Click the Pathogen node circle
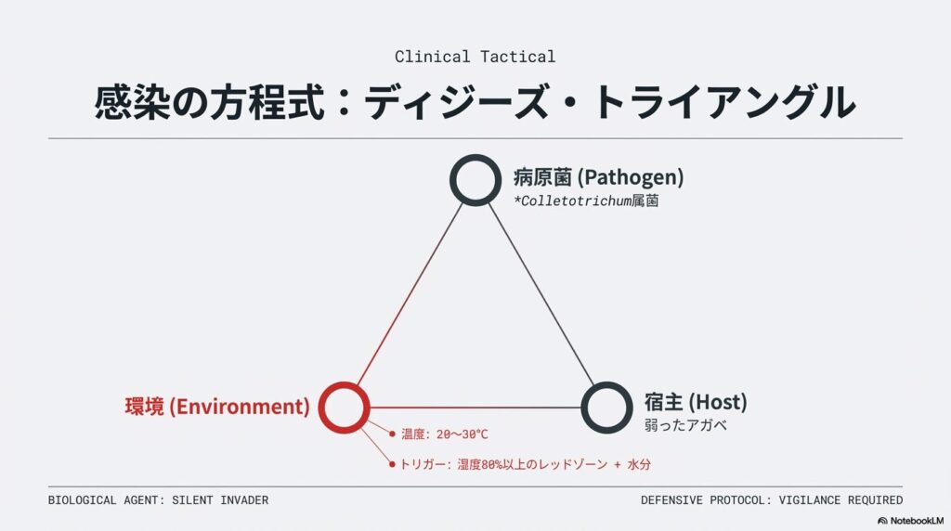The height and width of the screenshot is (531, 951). [475, 180]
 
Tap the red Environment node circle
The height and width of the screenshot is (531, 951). [345, 407]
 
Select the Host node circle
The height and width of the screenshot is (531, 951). [606, 407]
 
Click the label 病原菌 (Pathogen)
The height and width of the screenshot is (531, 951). [598, 176]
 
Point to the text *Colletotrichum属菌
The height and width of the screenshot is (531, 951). [585, 201]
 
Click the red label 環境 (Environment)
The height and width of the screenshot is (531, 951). [216, 407]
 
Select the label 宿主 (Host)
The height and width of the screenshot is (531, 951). [695, 402]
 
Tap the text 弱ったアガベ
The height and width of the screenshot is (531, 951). [685, 426]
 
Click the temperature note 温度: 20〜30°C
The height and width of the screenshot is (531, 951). [444, 434]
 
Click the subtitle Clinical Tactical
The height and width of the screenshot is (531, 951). [475, 57]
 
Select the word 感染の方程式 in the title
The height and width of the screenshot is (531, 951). [211, 102]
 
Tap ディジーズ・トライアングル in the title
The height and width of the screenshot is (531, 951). [608, 102]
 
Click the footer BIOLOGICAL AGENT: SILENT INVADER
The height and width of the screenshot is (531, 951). [158, 500]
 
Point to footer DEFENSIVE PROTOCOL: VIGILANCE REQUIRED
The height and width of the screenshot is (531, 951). [771, 500]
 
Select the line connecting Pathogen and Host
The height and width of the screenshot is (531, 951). [541, 293]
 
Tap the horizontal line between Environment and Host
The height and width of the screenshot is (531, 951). [475, 407]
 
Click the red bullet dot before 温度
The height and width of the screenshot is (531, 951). [393, 434]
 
